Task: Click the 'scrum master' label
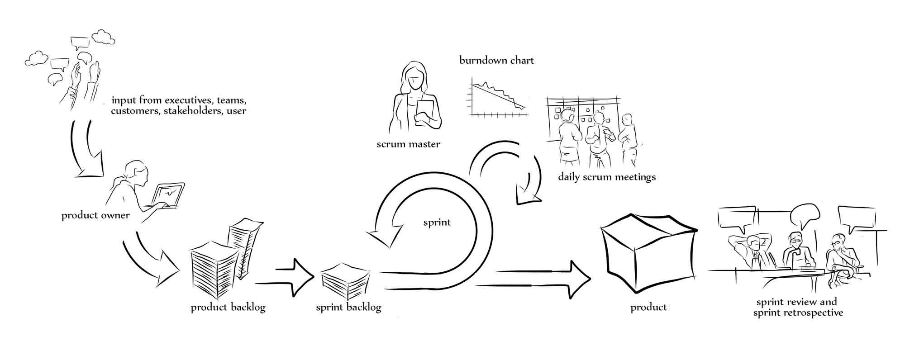408,144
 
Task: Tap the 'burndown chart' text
496,60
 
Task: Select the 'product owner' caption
95,215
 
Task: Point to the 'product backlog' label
228,308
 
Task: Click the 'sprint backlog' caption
348,308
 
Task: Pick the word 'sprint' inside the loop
437,222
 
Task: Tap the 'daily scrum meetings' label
606,176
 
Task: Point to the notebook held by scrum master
424,111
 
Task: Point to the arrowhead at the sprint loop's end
385,235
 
